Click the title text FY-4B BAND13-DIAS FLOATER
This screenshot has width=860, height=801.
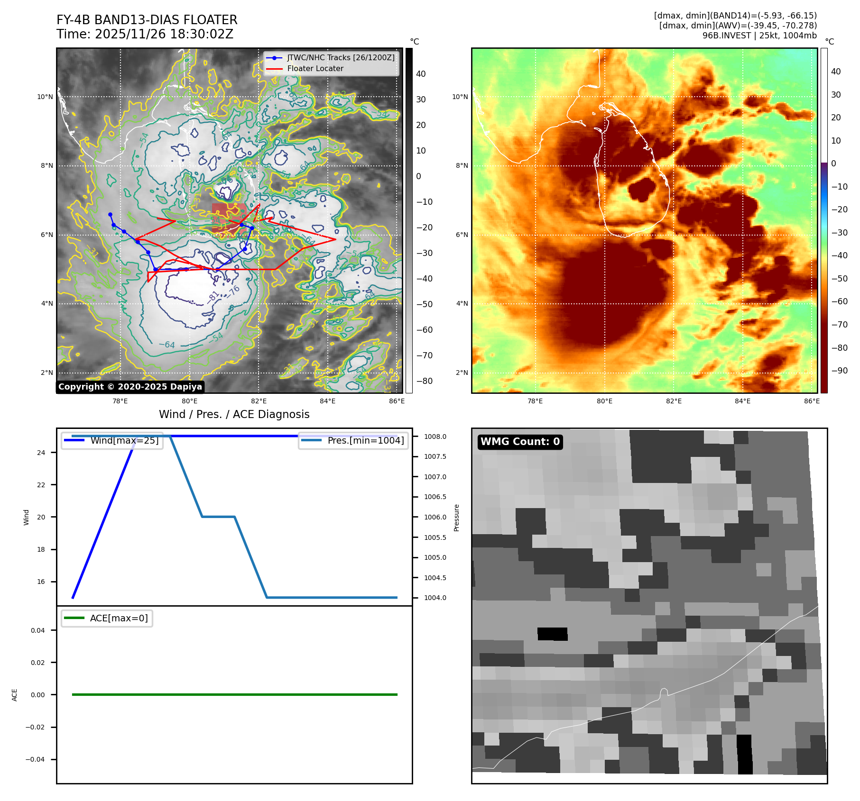point(147,20)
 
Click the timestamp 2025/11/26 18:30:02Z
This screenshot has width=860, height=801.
point(164,35)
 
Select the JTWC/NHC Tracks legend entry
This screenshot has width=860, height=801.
point(341,58)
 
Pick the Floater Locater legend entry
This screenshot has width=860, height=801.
point(315,69)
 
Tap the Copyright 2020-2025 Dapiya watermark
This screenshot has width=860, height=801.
point(130,387)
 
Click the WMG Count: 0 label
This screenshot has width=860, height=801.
point(520,442)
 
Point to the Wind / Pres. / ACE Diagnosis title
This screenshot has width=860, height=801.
point(234,415)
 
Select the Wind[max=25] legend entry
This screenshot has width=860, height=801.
point(124,441)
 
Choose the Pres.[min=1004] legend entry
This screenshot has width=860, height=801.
point(365,441)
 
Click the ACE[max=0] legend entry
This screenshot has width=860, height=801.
point(119,619)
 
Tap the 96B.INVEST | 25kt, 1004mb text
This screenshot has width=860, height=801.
point(759,36)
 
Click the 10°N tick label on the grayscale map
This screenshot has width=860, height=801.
point(46,97)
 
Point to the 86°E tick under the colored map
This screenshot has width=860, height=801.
point(812,401)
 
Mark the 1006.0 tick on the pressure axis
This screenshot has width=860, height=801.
point(435,518)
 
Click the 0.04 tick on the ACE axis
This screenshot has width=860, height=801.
point(38,631)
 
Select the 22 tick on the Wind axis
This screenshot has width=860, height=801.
point(41,485)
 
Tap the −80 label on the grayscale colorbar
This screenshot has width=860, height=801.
point(424,381)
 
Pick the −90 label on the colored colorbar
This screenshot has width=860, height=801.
point(839,371)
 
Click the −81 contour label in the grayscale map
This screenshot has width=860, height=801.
point(213,297)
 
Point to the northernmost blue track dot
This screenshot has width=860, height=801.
point(111,215)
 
